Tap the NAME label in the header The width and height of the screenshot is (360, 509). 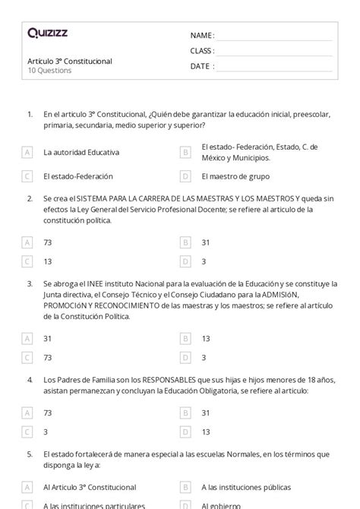tap(202, 36)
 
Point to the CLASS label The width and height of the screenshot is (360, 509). tap(202, 51)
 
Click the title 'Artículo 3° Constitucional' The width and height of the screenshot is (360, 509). tap(69, 61)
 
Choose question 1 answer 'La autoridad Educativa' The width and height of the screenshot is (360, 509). tap(81, 152)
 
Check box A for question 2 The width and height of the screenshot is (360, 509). tap(27, 242)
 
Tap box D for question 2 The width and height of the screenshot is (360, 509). tap(185, 261)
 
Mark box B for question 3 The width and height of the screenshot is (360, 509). tap(185, 338)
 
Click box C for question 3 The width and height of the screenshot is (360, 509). tap(27, 357)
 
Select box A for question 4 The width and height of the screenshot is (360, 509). tap(27, 413)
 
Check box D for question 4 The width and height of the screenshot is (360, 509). tap(185, 432)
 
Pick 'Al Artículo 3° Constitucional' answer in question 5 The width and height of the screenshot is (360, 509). tap(90, 487)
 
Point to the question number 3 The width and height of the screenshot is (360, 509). tap(29, 283)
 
